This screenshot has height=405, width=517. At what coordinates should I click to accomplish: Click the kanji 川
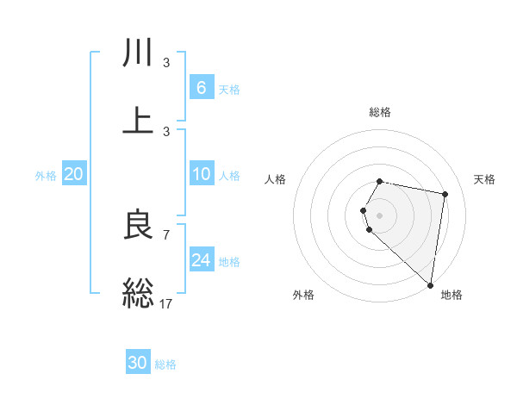pos(139,54)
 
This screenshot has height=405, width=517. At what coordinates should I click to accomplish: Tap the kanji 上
pos(139,121)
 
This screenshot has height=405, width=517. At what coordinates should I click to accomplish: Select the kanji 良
pos(139,226)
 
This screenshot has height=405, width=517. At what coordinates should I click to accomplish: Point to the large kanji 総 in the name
pos(139,292)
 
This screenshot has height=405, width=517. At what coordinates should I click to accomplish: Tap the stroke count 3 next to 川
pos(166,62)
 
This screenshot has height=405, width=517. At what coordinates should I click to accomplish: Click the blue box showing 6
pos(201,87)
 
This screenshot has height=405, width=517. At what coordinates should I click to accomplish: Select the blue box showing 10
pos(201,174)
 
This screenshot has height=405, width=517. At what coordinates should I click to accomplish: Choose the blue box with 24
pos(201,260)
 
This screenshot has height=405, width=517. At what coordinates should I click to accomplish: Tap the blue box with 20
pos(73,174)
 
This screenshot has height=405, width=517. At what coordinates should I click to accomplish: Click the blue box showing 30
pos(138,363)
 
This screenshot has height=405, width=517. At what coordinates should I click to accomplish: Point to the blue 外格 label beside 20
pos(46,176)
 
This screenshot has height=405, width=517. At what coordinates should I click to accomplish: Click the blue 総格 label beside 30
pos(165,364)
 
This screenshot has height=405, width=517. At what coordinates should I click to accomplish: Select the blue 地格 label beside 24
pos(229,262)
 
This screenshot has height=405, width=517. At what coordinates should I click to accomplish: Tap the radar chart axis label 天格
pos(485,179)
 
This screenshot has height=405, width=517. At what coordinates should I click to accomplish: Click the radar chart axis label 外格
pos(303,295)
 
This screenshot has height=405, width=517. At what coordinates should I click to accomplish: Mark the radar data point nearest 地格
pos(430,284)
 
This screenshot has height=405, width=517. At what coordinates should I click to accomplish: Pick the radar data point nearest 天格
pos(445,195)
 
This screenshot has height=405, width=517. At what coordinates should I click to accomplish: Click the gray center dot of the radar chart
pos(380,215)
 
